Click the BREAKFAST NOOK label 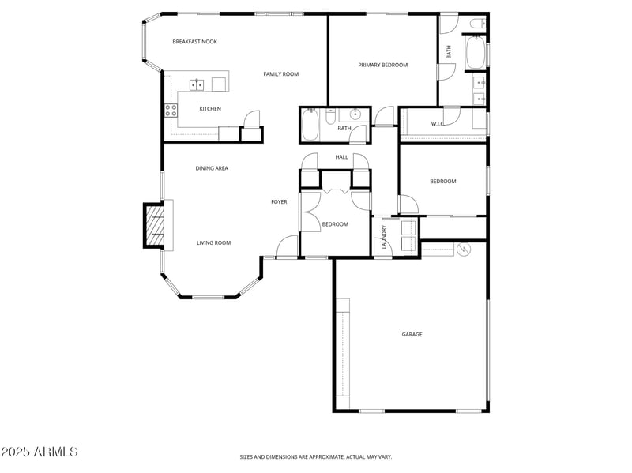point(194,42)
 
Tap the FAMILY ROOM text point(281,74)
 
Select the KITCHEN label point(209,109)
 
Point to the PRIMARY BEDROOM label point(382,65)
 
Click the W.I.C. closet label point(438,124)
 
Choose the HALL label point(341,157)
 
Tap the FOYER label point(279,202)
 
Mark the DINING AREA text point(212,168)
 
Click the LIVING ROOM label point(213,243)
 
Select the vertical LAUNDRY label point(384,237)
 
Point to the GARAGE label point(412,335)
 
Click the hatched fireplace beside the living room point(154,225)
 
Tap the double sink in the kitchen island point(197,84)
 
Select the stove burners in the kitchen point(171,111)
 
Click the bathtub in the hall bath point(310,125)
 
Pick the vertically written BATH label point(449,53)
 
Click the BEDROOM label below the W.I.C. point(442,182)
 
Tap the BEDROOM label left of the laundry point(335,224)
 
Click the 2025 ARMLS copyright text point(39,452)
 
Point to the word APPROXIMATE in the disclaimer point(314,456)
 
